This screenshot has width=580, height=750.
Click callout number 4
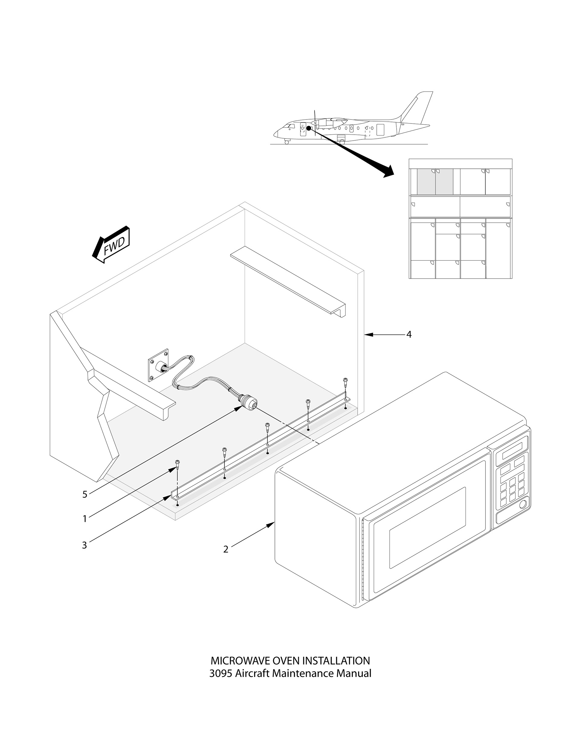[x=409, y=334]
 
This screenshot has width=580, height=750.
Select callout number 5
[x=85, y=494]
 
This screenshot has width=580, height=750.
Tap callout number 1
[x=85, y=519]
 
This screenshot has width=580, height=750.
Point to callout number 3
[x=85, y=545]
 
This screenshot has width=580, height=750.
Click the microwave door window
[x=427, y=528]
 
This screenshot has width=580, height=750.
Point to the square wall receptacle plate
[x=158, y=365]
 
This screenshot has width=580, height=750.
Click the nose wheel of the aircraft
[x=287, y=142]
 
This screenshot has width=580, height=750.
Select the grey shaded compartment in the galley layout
[x=435, y=182]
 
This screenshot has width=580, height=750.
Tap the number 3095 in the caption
[x=221, y=673]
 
